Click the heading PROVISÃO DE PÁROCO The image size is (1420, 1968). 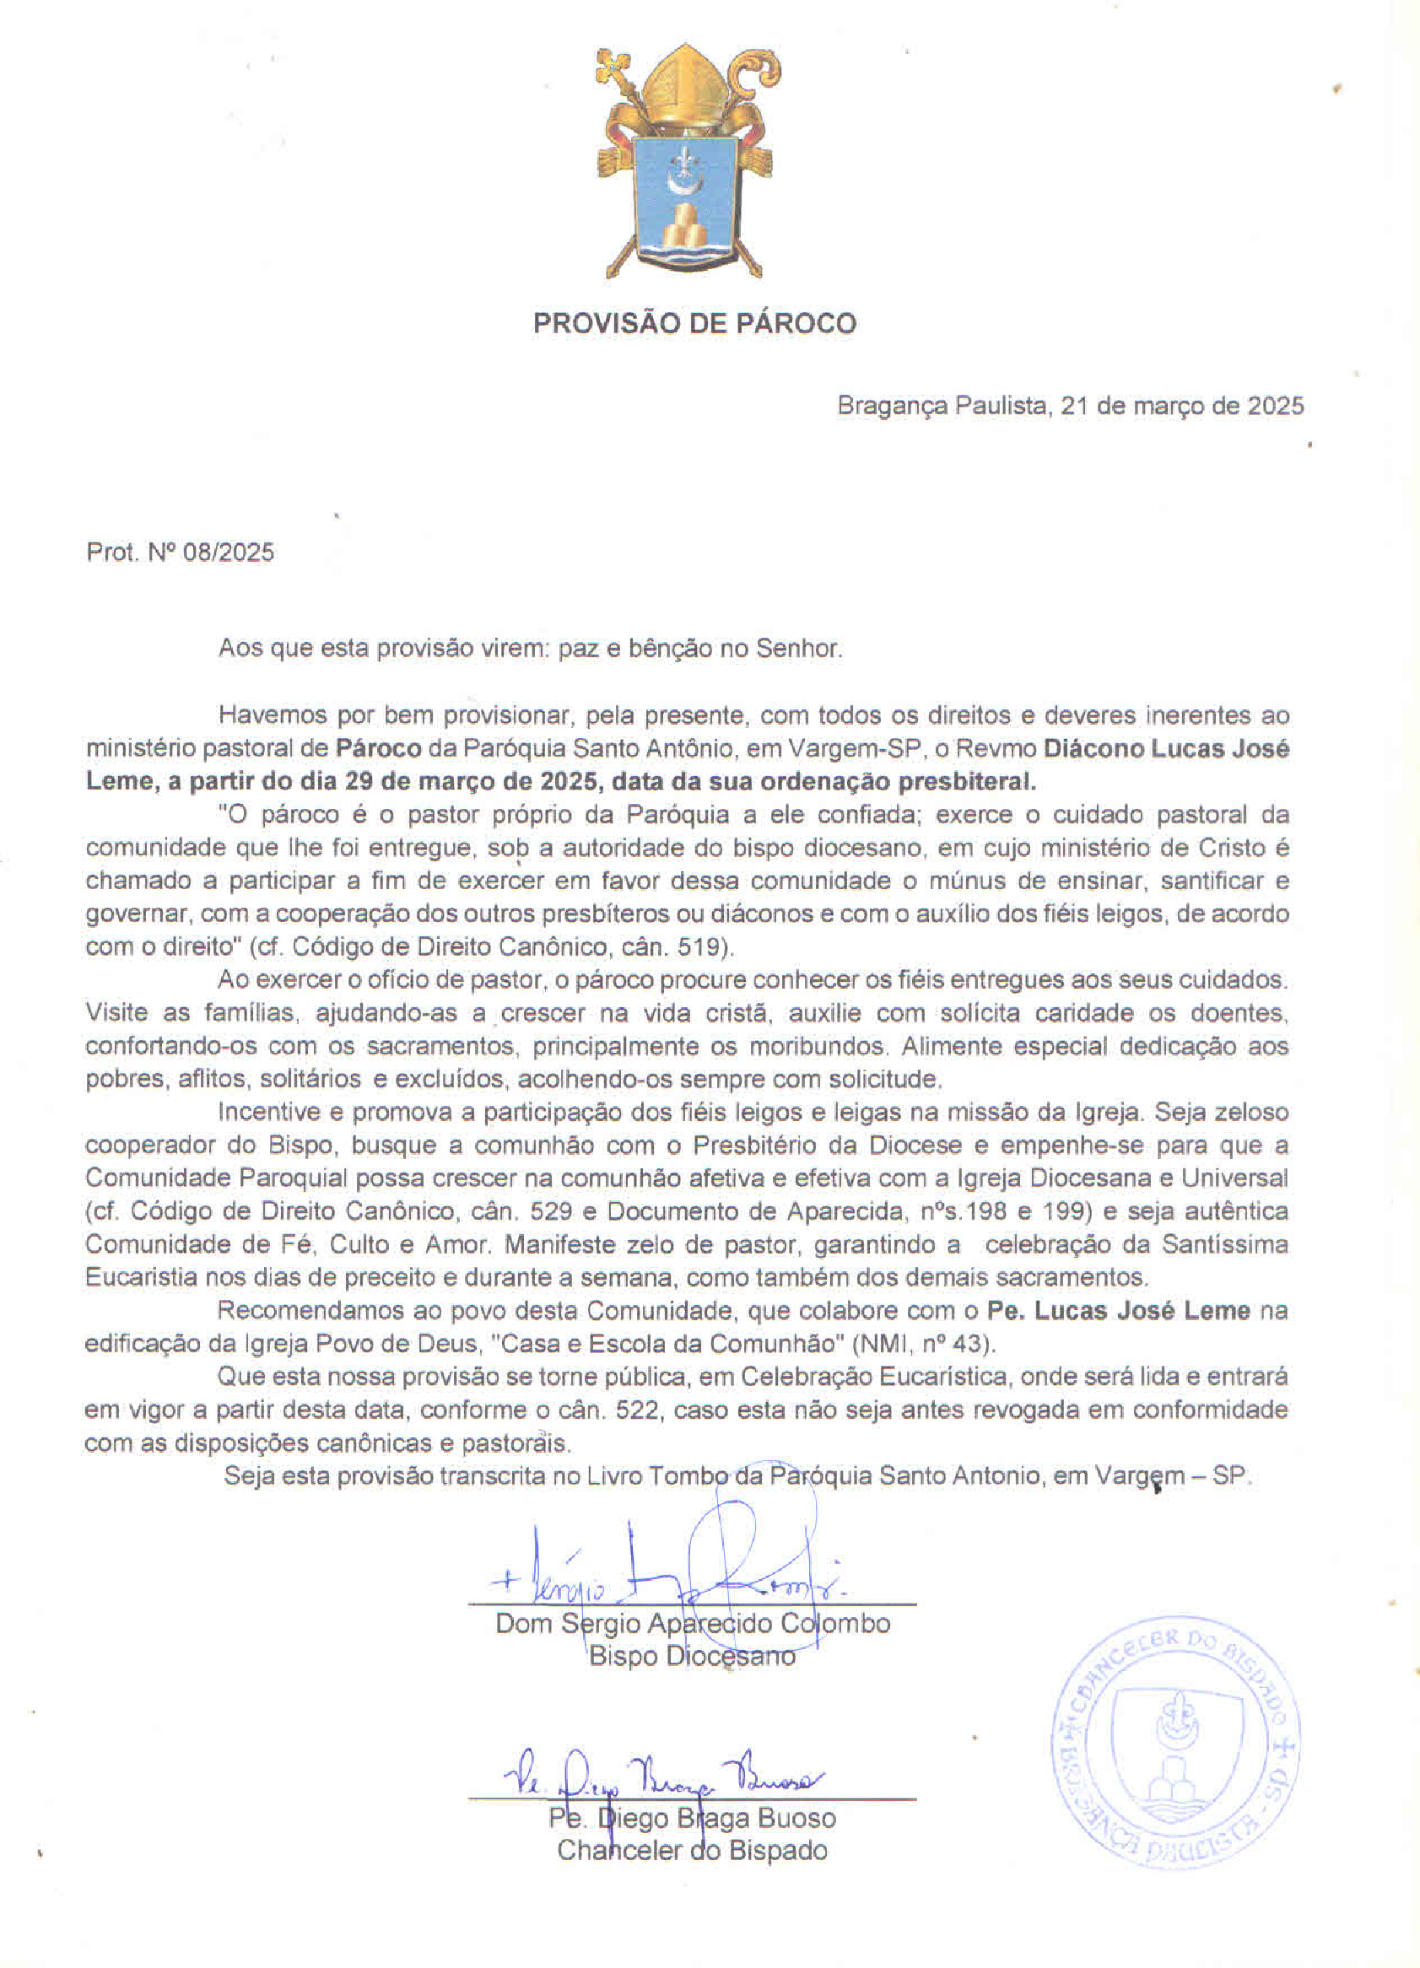[x=694, y=324]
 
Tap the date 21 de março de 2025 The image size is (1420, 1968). [x=1182, y=405]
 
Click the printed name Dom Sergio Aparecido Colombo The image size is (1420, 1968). [x=693, y=1624]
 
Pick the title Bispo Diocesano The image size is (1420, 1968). [x=693, y=1657]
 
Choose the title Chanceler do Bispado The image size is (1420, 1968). [x=693, y=1851]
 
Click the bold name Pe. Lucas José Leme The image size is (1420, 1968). [x=1119, y=1311]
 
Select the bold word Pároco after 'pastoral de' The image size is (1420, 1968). [x=379, y=749]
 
